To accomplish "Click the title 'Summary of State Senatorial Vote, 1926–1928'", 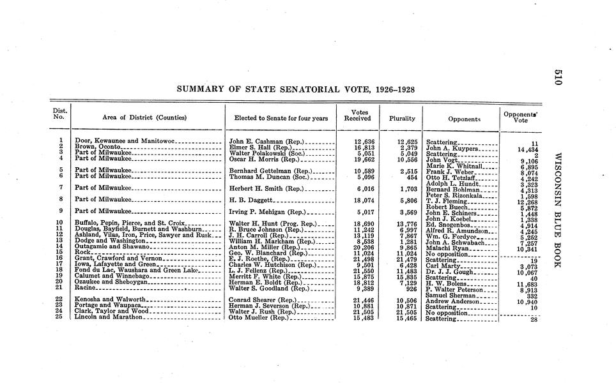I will coord(295,89).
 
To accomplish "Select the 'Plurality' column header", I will coord(402,118).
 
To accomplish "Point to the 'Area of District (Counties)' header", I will coord(144,118).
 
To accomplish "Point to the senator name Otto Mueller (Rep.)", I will coord(259,317).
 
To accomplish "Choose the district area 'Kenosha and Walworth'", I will coord(111,299).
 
